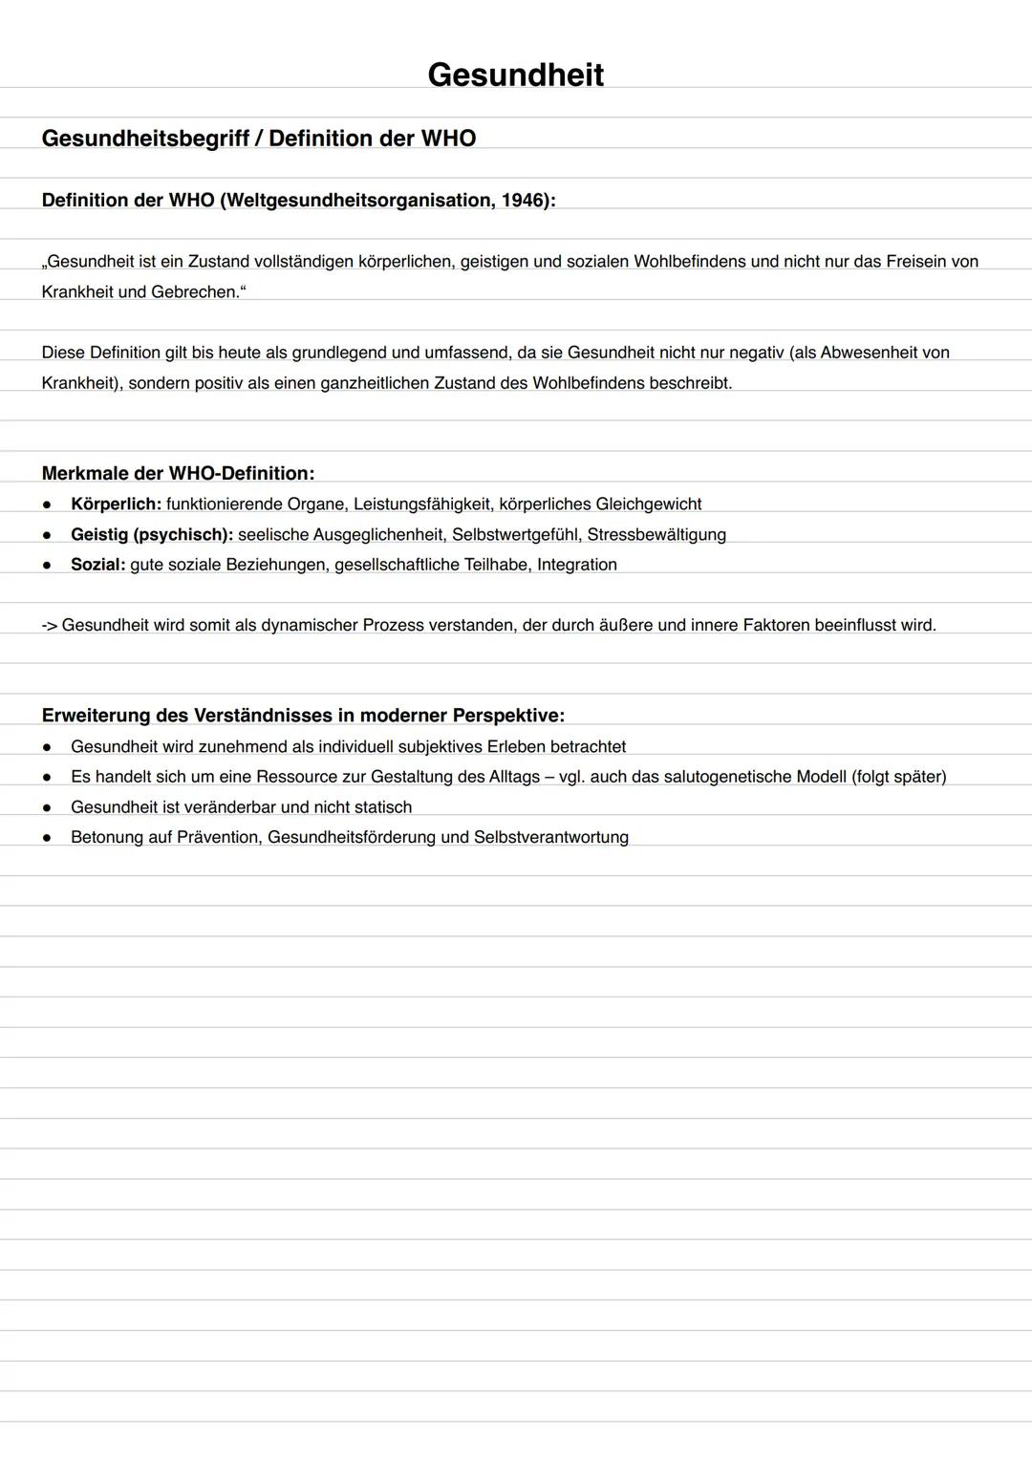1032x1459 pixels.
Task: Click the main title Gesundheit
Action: tap(515, 75)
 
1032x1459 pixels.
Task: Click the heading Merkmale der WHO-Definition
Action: tap(178, 473)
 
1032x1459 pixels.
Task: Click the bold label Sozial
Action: tap(97, 565)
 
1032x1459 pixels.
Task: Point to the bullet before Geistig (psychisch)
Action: tap(46, 535)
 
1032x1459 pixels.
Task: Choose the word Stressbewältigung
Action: tap(656, 534)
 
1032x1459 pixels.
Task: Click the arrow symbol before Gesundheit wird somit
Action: tap(50, 626)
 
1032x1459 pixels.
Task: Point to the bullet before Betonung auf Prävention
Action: tap(46, 838)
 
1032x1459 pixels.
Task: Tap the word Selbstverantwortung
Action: tap(551, 837)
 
